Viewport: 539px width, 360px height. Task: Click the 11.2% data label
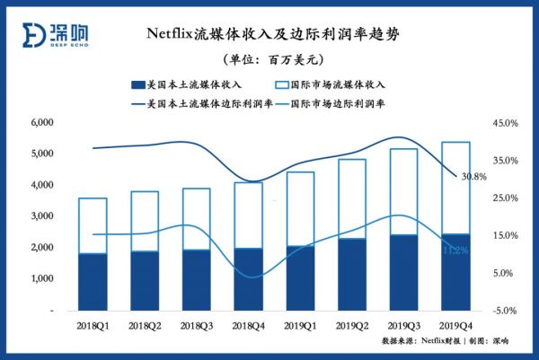pyautogui.click(x=455, y=250)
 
